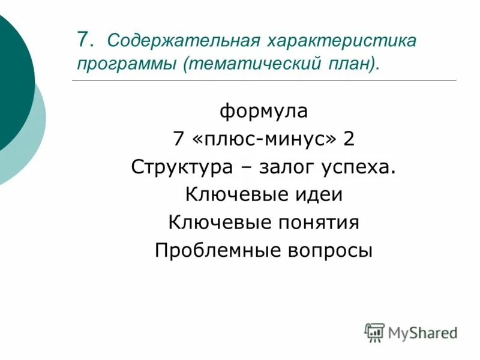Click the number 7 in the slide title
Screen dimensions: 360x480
[x=84, y=40]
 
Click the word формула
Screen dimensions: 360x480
[x=263, y=111]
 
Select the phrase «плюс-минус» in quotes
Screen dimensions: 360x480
[x=263, y=139]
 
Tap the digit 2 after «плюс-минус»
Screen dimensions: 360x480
[x=349, y=139]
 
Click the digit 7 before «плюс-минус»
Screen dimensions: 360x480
[x=178, y=139]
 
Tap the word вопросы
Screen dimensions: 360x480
[x=331, y=250]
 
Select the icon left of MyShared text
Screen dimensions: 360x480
[x=374, y=332]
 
